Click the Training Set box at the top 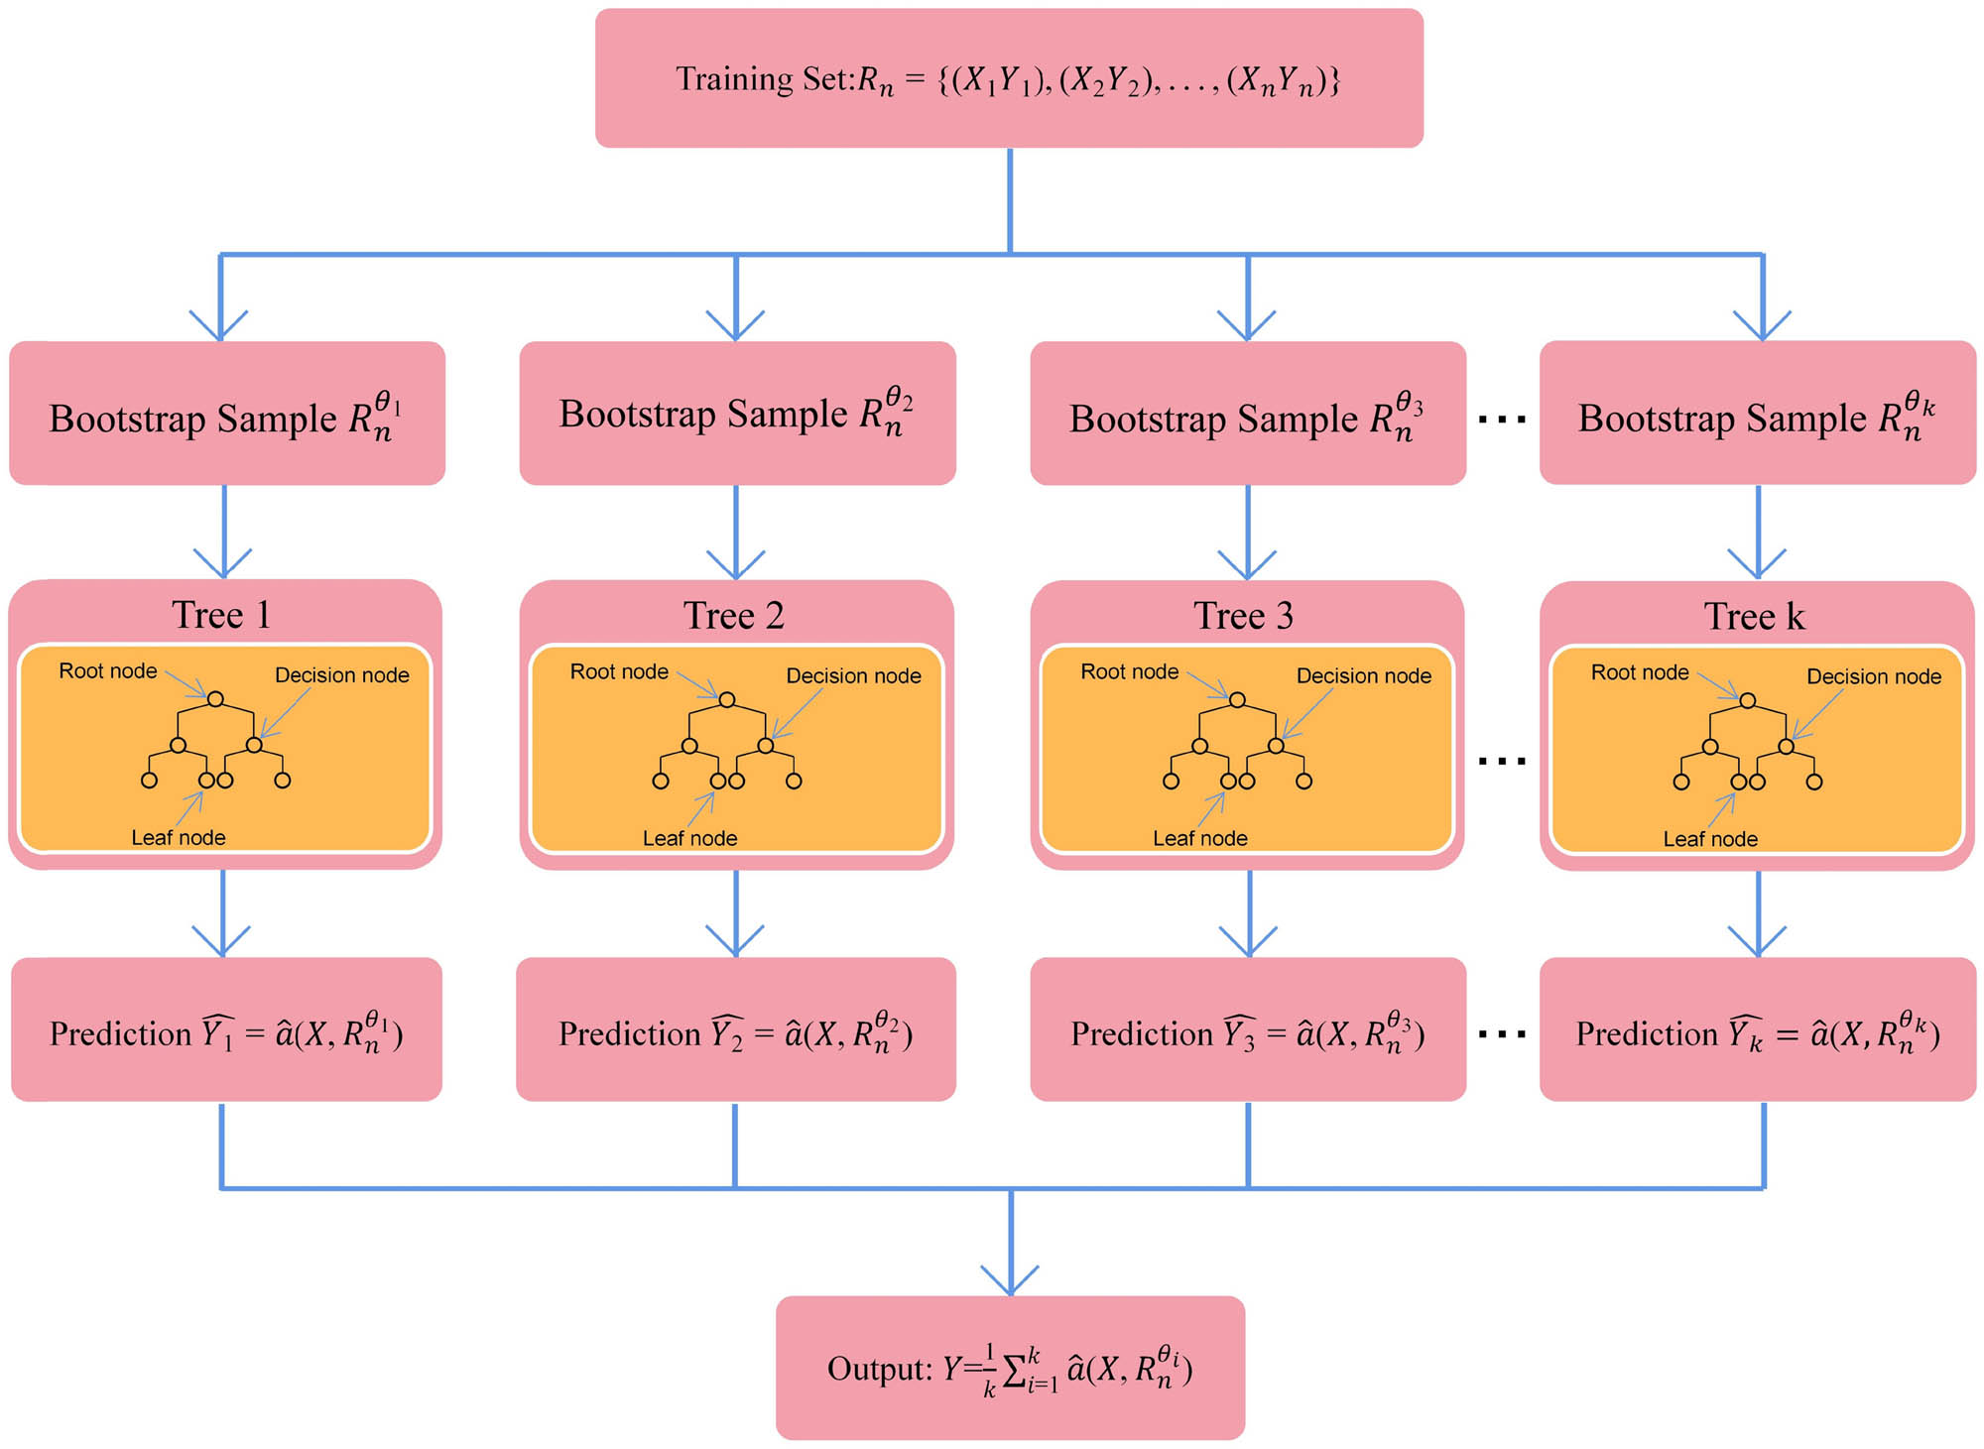[1008, 78]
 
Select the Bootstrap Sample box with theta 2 [737, 414]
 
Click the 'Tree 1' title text [221, 615]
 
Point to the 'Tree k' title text [1754, 616]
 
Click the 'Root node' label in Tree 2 [619, 671]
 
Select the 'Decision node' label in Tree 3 [1363, 675]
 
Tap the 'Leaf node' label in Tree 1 [179, 837]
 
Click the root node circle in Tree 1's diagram [215, 699]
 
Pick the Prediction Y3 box [1247, 1031]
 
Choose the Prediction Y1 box [226, 1031]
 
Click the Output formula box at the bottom [1010, 1368]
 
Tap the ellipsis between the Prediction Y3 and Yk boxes [1502, 1034]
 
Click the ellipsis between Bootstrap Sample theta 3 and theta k [1502, 420]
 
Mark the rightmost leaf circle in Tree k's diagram [1814, 782]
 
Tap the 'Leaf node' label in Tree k [1710, 839]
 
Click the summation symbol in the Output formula [1015, 1371]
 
